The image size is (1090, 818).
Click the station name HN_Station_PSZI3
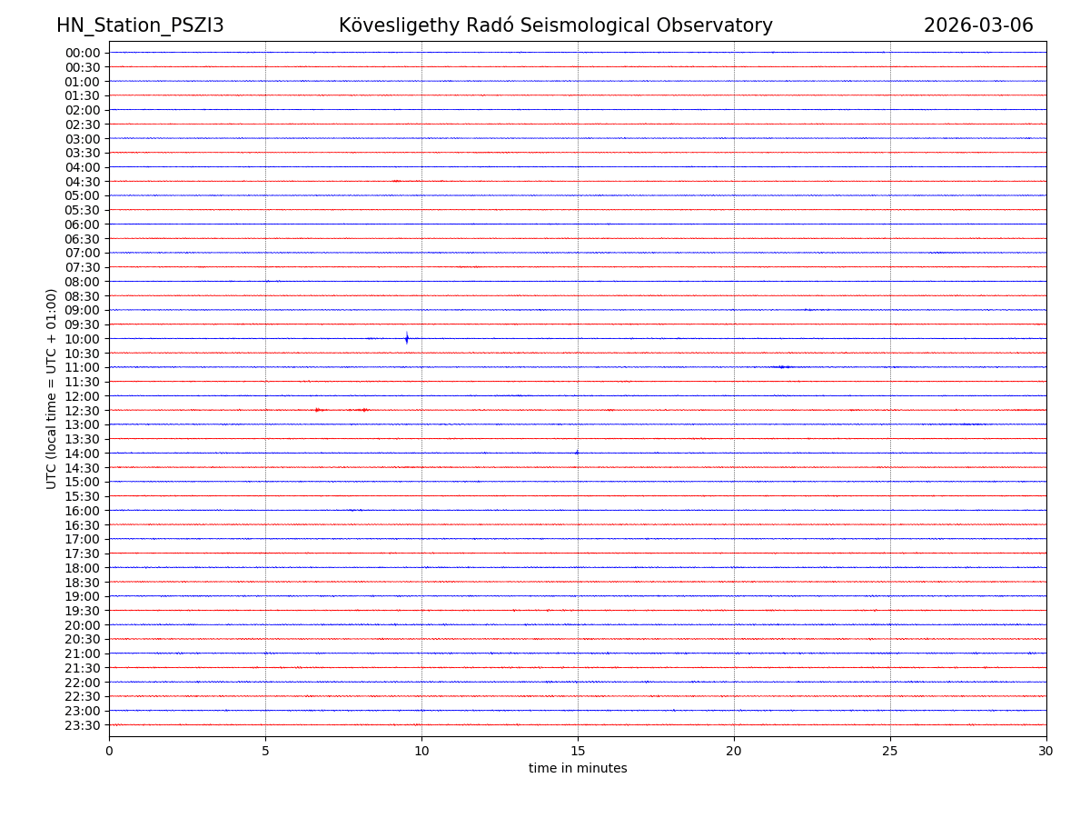pos(140,25)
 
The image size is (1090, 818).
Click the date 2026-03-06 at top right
pos(978,25)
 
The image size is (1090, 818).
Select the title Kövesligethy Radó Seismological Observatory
pos(555,25)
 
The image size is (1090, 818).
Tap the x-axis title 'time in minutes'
pos(578,769)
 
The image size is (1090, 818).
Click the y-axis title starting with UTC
pos(52,388)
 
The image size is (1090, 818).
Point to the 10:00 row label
pos(82,339)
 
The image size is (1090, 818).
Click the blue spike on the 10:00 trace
pos(407,339)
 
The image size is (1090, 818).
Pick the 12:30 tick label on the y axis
pos(82,411)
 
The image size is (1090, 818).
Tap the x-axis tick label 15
pos(578,751)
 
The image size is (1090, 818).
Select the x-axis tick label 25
pos(890,751)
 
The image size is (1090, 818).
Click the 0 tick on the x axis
pos(109,751)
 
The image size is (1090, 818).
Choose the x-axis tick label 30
pos(1046,751)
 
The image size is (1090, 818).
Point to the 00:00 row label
pos(82,53)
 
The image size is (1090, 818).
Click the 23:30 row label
pos(82,725)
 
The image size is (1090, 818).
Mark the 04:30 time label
pos(82,182)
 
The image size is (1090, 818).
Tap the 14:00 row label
pos(82,454)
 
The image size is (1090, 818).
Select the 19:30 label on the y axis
pos(82,611)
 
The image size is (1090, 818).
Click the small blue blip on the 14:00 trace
pos(577,453)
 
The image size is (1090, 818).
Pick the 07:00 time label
pos(82,253)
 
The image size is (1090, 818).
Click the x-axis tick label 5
pos(265,751)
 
